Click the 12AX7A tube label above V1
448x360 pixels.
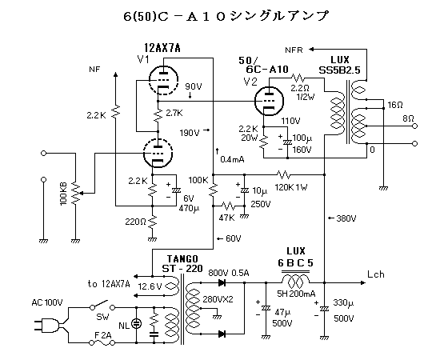tap(162, 48)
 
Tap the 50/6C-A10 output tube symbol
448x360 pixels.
tap(269, 101)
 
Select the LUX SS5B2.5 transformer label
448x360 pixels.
tap(339, 65)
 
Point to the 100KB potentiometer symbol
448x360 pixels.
tap(76, 193)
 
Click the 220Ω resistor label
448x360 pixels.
tap(135, 222)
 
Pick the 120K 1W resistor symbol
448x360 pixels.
tap(283, 174)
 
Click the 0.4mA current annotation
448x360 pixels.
tap(232, 159)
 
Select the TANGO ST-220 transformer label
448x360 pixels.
tap(182, 264)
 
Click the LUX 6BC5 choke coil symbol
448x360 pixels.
tap(295, 281)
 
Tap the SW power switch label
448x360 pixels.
tap(102, 317)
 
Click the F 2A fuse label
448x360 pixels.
tap(102, 335)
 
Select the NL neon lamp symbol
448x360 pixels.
tap(136, 324)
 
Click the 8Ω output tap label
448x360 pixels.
tap(408, 118)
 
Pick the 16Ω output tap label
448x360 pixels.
tap(395, 105)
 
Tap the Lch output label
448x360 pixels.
tap(376, 274)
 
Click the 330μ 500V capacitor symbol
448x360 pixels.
tap(324, 309)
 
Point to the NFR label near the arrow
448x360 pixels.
tap(294, 50)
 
